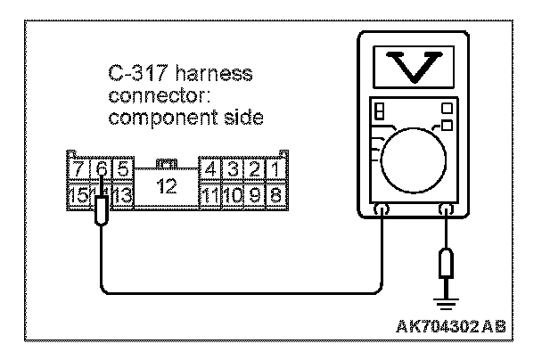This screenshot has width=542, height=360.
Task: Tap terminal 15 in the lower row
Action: [78, 192]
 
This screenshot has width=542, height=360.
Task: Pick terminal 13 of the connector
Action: [123, 192]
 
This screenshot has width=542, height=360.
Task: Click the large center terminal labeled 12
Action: [166, 188]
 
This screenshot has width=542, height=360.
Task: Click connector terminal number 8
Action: [276, 192]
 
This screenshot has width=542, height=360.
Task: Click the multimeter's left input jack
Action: [382, 209]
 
